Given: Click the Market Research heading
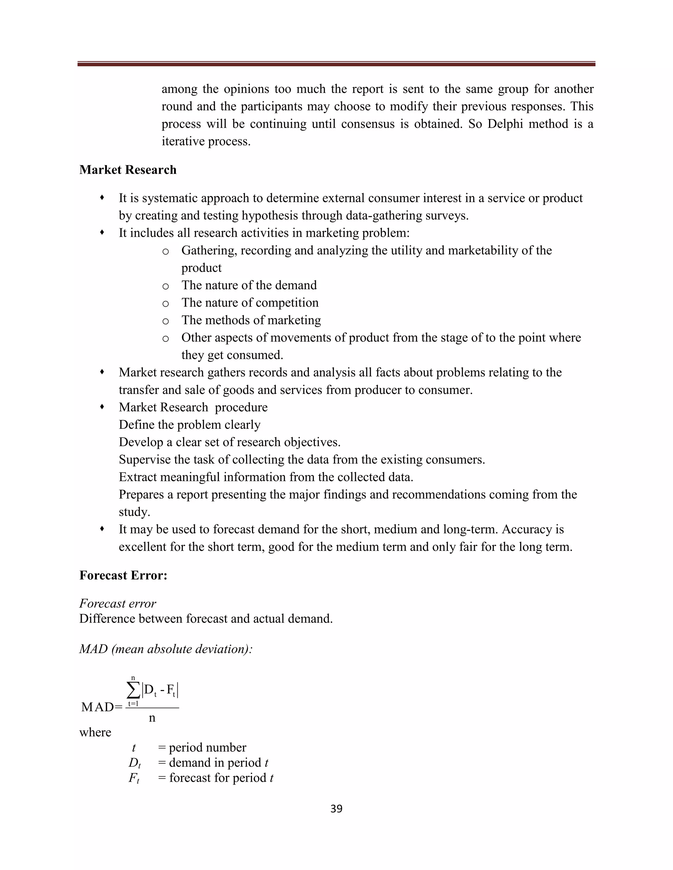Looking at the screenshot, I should point(128,170).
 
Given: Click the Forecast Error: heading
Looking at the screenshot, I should point(123,575).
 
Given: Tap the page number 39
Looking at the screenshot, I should point(336,809).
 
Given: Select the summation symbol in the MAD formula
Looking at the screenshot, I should point(133,690).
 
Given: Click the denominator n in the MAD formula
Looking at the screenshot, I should point(152,717).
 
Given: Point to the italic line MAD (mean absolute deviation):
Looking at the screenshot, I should point(166,649).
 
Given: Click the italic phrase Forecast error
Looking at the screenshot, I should point(118,603).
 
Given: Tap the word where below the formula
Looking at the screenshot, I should point(95,732).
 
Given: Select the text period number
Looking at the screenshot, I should point(207,747).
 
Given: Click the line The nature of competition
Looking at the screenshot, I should point(250,303).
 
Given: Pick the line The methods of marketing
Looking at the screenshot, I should point(251,320).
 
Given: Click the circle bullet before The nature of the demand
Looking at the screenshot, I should point(166,286).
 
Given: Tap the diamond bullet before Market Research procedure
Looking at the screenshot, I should point(102,407).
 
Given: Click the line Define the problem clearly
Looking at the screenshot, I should point(189,424).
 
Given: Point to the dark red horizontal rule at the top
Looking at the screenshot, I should point(336,64).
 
